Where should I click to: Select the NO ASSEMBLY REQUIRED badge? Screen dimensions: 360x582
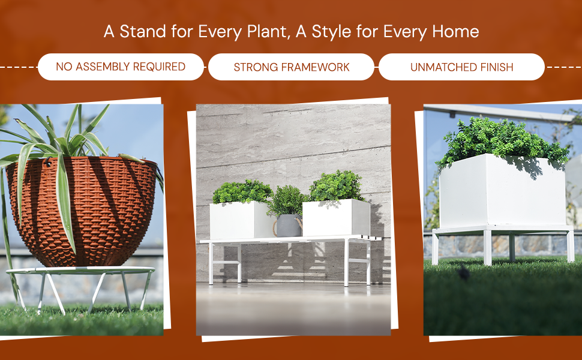[x=121, y=67]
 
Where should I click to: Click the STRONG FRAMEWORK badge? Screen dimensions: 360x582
[x=291, y=67]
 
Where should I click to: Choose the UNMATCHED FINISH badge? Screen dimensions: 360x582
[x=461, y=67]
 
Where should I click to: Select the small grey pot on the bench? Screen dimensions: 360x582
[x=289, y=226]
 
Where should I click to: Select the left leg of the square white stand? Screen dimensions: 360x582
[x=436, y=247]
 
